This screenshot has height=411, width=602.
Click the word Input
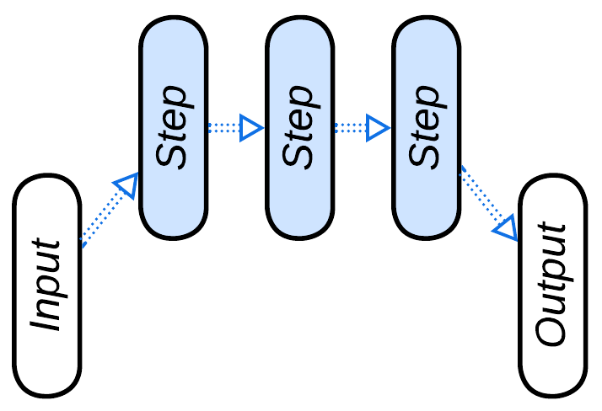(47, 286)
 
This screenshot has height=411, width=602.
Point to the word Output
(553, 285)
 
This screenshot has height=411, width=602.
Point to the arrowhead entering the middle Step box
(250, 128)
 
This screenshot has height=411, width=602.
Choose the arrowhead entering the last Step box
(377, 128)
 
